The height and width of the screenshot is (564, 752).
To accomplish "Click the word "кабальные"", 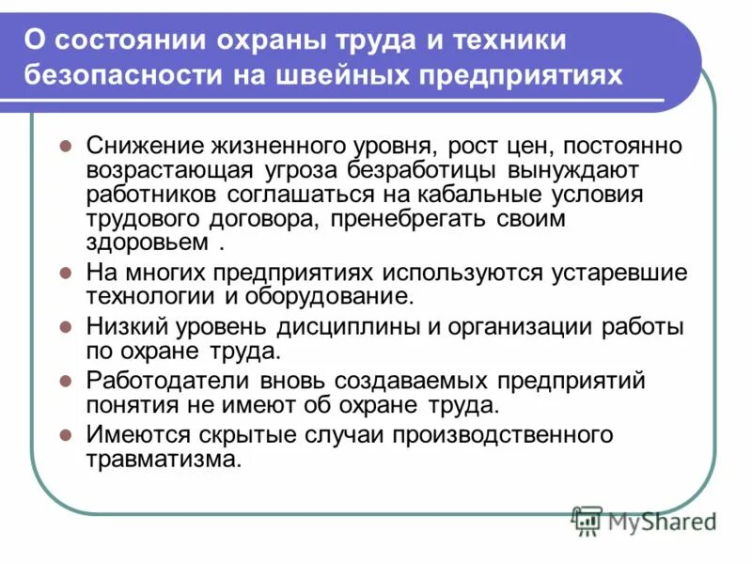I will pos(483,195).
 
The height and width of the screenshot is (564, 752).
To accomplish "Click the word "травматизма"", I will pos(164,461).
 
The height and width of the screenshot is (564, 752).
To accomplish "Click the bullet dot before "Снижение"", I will pos(66,148).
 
